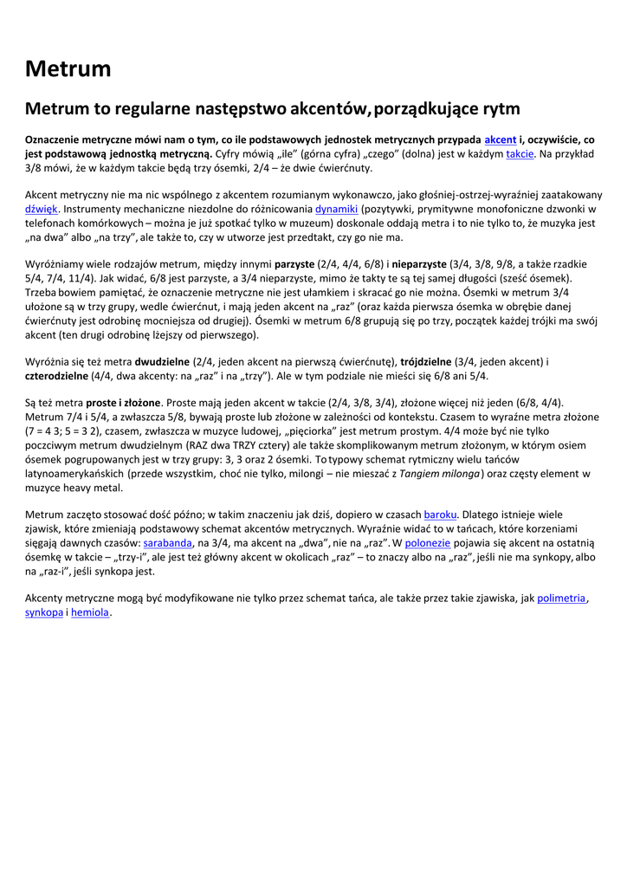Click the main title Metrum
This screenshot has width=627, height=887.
68,68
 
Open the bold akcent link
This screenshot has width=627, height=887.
500,139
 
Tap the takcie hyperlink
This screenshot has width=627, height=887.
520,153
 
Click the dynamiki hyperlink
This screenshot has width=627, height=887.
336,209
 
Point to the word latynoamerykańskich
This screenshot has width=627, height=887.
74,473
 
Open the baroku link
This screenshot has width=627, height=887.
440,515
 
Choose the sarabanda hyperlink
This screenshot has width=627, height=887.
168,543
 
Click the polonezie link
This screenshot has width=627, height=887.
427,543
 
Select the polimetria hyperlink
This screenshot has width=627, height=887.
561,598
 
